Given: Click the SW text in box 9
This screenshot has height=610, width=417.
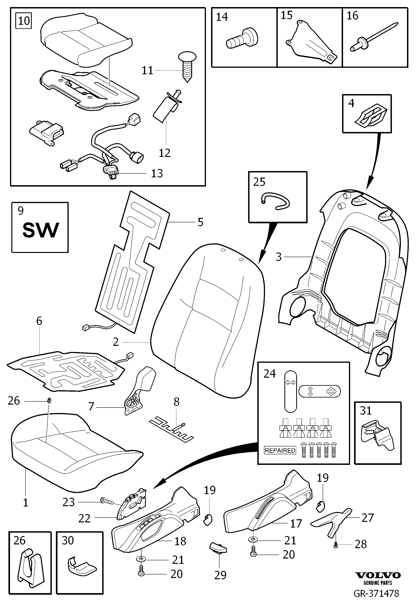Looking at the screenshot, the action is (41, 230).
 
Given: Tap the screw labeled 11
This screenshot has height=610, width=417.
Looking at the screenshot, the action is (187, 67).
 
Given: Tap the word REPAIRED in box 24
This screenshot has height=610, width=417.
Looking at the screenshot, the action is (280, 450).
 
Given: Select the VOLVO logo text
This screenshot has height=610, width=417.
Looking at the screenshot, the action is (378, 575).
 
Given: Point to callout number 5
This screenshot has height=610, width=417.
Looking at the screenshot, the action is (200, 222).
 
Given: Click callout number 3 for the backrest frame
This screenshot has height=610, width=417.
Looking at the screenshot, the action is (279, 257).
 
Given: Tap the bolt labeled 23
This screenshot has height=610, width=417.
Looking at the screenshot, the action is (107, 502).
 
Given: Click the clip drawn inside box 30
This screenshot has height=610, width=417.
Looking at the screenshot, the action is (82, 566).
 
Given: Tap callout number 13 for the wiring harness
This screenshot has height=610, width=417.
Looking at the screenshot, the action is (157, 173).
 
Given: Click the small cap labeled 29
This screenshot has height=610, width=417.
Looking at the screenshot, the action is (218, 548).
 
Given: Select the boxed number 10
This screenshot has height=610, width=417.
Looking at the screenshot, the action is (24, 21).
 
